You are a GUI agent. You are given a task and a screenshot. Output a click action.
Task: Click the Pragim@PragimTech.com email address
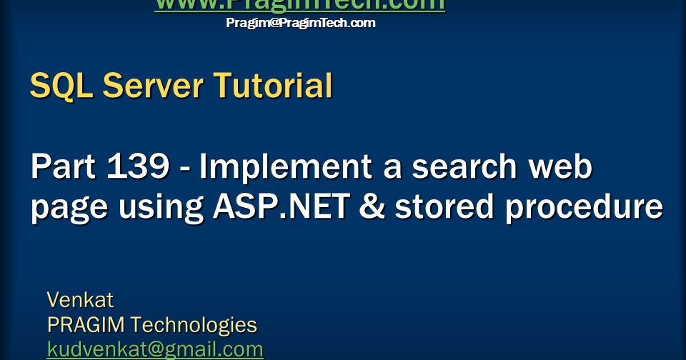300,23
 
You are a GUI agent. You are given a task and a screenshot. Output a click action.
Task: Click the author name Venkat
80,299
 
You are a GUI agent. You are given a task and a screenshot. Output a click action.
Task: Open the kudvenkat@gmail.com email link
155,350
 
